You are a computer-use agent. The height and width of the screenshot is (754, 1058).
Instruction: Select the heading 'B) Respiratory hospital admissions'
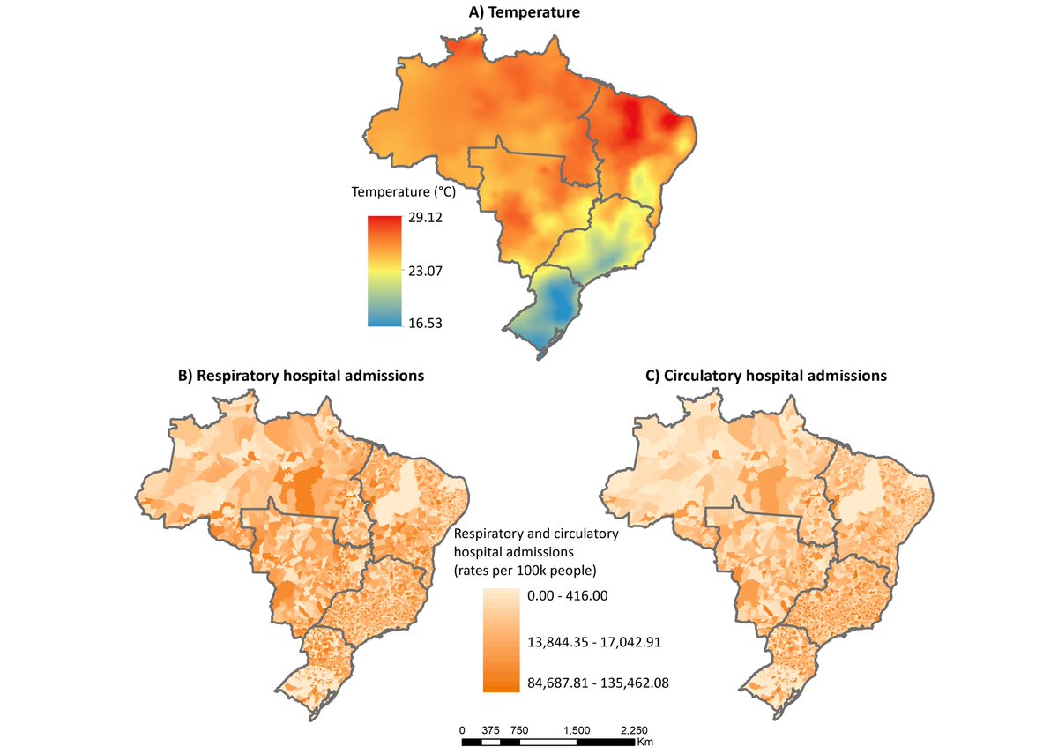(x=302, y=376)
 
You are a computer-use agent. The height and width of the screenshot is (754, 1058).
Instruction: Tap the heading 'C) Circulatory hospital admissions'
(x=766, y=376)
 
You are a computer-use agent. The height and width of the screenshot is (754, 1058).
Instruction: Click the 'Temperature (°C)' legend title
(x=404, y=191)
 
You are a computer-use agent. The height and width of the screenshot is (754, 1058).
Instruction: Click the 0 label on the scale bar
(x=462, y=730)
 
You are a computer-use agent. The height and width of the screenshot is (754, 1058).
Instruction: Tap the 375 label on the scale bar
(x=491, y=730)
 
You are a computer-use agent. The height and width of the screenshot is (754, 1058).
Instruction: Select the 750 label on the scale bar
(x=519, y=730)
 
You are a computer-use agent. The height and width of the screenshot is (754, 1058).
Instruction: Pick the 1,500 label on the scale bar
(x=577, y=730)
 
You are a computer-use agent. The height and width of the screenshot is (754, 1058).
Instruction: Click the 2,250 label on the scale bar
(x=633, y=730)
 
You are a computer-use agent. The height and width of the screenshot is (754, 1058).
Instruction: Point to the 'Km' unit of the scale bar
(x=645, y=743)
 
